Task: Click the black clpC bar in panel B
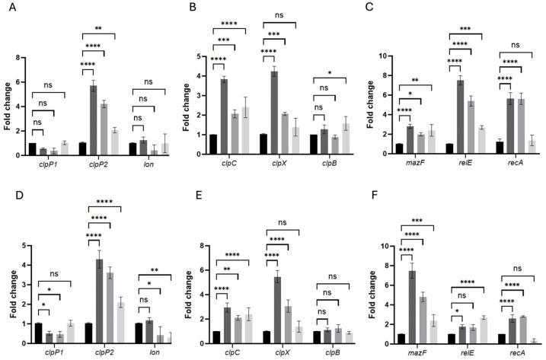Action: pyautogui.click(x=213, y=145)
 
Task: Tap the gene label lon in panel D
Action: pyautogui.click(x=148, y=353)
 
